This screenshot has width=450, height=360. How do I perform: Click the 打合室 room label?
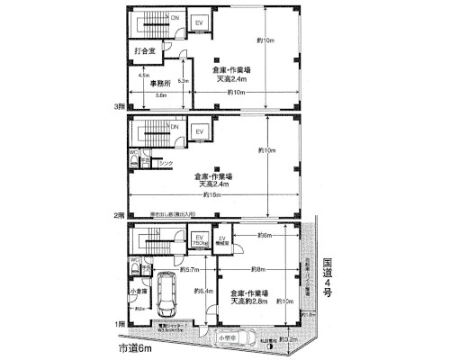(x=146, y=52)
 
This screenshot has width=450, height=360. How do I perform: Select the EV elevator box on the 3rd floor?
(x=200, y=22)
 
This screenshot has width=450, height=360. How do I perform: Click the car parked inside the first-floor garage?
(x=167, y=292)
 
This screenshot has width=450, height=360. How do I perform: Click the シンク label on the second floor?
(x=165, y=163)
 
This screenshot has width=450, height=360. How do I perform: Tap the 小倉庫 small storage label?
(x=138, y=291)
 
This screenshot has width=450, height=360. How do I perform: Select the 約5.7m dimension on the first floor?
(x=189, y=269)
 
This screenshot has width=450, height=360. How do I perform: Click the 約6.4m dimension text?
(x=204, y=291)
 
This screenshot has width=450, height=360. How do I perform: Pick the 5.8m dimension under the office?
(x=160, y=94)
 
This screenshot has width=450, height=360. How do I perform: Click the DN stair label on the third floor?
(x=175, y=18)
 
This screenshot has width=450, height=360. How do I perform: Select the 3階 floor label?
(x=118, y=106)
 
